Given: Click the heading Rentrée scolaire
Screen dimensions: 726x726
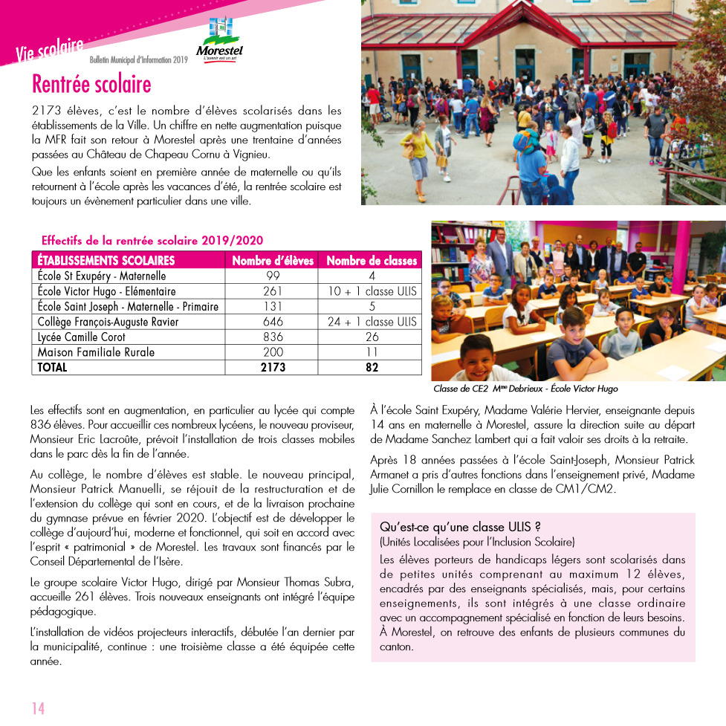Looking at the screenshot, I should [x=91, y=84].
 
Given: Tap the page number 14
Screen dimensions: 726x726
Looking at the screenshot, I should [x=38, y=707].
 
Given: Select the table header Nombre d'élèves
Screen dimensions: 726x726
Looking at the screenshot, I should [x=273, y=261].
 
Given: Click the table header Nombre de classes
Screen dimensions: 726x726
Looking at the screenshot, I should [x=372, y=261].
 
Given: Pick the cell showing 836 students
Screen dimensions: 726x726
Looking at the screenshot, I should [x=273, y=337].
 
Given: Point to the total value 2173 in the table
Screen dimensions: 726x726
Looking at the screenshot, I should [x=273, y=367].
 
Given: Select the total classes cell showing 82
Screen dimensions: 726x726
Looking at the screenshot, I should [x=372, y=367].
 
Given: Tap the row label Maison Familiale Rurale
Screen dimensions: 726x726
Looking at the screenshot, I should [x=96, y=351].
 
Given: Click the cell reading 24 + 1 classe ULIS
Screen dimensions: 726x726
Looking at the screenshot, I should [x=372, y=322].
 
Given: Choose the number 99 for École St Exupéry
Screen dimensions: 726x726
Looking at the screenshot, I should [x=273, y=276].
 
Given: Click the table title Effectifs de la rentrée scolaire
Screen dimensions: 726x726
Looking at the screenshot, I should [x=152, y=241].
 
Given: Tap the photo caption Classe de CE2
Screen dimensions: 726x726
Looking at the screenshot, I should [x=525, y=389].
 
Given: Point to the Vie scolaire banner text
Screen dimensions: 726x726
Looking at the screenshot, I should [x=49, y=50].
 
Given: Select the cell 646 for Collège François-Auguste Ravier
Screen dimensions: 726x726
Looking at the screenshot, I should [x=273, y=322].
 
